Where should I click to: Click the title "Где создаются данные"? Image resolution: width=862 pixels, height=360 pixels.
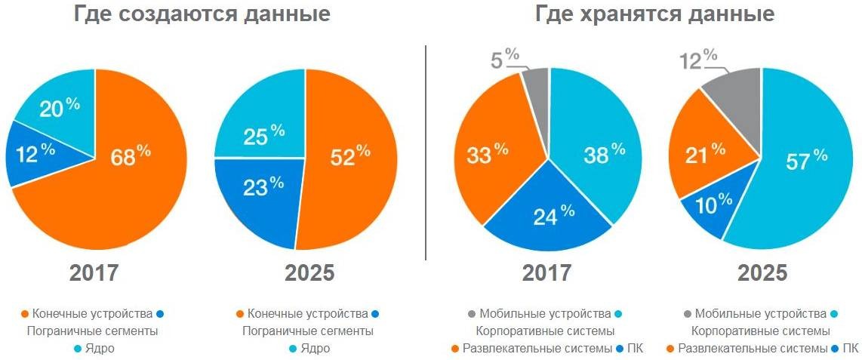tap(202, 14)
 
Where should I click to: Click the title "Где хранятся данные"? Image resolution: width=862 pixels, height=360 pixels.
tap(654, 14)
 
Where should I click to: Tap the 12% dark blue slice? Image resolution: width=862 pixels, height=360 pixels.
tap(30, 155)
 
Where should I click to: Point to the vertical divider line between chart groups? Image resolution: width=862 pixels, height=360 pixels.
tap(426, 151)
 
